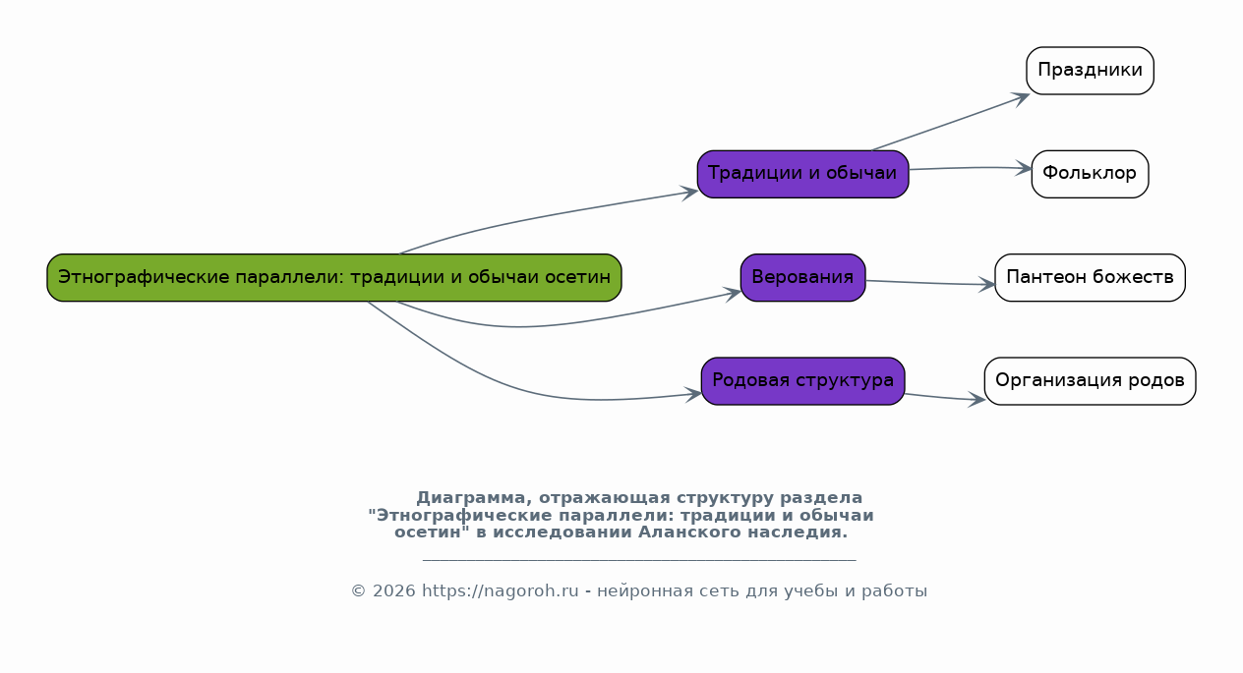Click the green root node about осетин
click(334, 278)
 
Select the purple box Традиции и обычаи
click(803, 174)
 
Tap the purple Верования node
click(803, 278)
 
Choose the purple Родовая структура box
click(803, 381)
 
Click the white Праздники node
click(1090, 71)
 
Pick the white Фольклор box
click(1090, 174)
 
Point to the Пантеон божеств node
click(1090, 278)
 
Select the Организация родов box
click(1090, 381)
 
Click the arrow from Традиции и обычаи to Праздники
click(951, 122)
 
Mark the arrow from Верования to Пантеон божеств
click(930, 283)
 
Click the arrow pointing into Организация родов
click(945, 398)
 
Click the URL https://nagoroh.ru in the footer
click(500, 590)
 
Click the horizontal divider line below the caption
click(639, 560)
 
